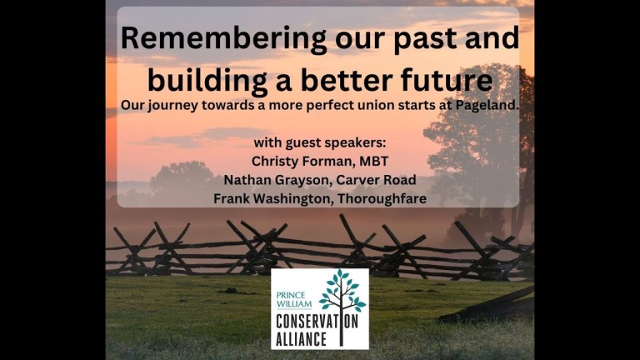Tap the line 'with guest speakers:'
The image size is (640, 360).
[319, 141]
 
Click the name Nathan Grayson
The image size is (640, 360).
[265, 179]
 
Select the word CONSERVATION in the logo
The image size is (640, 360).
[319, 322]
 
